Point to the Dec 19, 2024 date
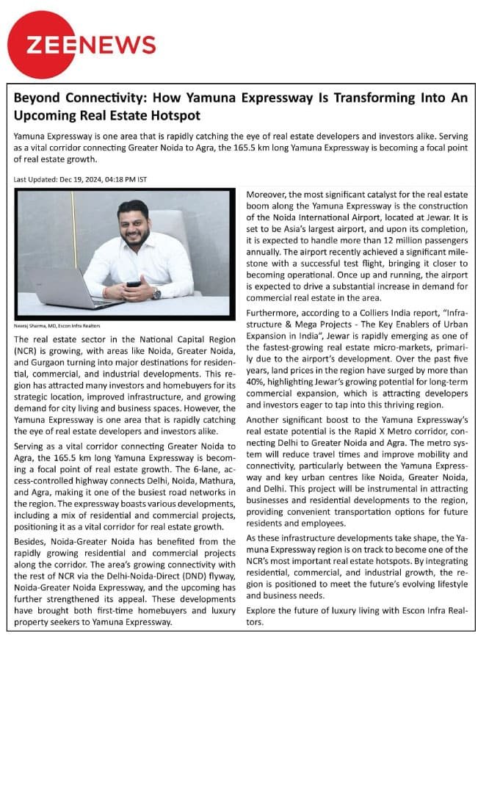tap(80, 179)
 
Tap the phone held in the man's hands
tap(134, 283)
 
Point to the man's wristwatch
tap(156, 294)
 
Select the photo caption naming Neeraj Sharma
tap(58, 325)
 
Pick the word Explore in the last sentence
tap(261, 610)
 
